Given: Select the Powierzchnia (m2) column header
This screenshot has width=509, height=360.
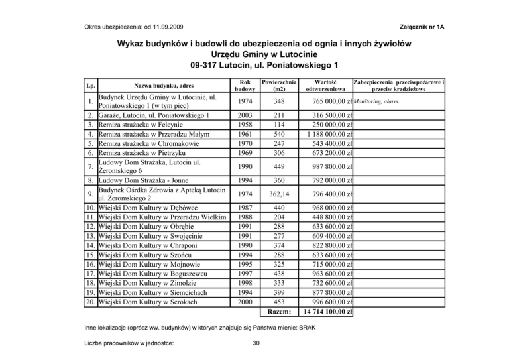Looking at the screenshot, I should pyautogui.click(x=279, y=86).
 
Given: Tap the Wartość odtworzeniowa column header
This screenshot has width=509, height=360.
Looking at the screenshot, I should pyautogui.click(x=325, y=86).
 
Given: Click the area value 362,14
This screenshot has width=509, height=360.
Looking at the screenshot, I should pyautogui.click(x=279, y=194).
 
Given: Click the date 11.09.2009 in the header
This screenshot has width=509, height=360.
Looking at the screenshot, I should pyautogui.click(x=166, y=26).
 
